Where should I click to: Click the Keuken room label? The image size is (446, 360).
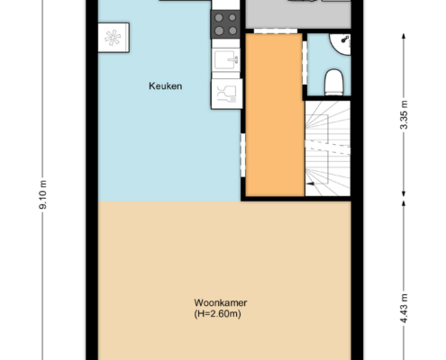pos(165,86)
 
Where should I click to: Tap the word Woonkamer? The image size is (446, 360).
pos(221,302)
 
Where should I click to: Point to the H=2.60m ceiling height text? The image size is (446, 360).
pos(217,314)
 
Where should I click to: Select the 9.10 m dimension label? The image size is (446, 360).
pos(43,194)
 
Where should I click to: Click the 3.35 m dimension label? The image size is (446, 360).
pos(405,115)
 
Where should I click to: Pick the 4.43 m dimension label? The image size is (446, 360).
pos(405,309)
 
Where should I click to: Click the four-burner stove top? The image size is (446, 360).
pos(225,24)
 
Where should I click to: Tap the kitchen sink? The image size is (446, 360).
pos(226,59)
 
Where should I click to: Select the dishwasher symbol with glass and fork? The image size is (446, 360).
pos(227,94)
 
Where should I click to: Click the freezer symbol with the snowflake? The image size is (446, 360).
pos(114,38)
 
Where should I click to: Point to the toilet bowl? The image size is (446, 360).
pos(334,82)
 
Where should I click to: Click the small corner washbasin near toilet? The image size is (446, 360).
pos(341,44)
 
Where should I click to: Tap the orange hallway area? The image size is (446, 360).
pos(275,115)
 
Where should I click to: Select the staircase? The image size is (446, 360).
pos(328,148)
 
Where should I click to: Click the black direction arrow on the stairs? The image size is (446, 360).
pos(310,184)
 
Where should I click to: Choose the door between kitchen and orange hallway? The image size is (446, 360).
pos(243,155)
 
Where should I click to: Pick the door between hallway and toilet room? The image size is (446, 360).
pos(305,63)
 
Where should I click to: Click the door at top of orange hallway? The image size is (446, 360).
pos(276,31)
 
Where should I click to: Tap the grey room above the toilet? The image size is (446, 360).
pos(298,14)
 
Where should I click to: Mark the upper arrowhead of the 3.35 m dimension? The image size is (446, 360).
pos(404,36)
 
